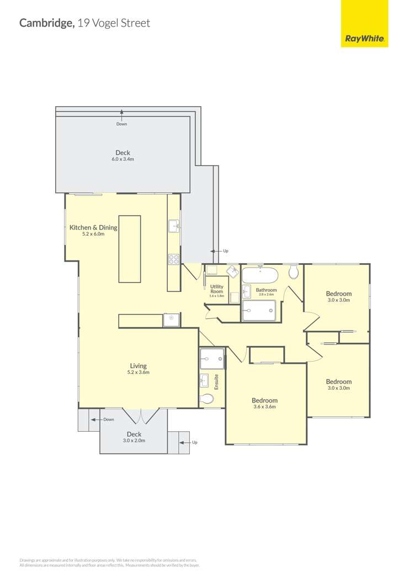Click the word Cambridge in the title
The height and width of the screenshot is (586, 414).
pyautogui.click(x=47, y=23)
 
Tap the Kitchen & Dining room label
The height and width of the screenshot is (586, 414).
pyautogui.click(x=93, y=227)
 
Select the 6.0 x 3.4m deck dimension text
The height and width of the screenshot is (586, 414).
pyautogui.click(x=123, y=159)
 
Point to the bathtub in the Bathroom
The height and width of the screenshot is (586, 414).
pyautogui.click(x=259, y=275)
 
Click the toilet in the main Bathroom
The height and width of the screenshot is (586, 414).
pyautogui.click(x=294, y=271)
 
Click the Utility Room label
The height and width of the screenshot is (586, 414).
pyautogui.click(x=217, y=289)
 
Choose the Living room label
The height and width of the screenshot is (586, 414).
pyautogui.click(x=138, y=365)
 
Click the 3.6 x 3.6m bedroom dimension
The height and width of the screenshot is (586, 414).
pyautogui.click(x=264, y=407)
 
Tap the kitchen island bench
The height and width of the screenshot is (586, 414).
pyautogui.click(x=130, y=249)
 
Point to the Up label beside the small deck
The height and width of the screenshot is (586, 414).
pyautogui.click(x=194, y=442)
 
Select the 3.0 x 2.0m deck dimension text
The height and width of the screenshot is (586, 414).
pyautogui.click(x=135, y=441)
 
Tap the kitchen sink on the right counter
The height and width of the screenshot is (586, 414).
pyautogui.click(x=173, y=226)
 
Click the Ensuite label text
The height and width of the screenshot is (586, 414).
pyautogui.click(x=216, y=382)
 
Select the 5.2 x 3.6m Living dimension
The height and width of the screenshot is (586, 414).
pyautogui.click(x=139, y=372)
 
